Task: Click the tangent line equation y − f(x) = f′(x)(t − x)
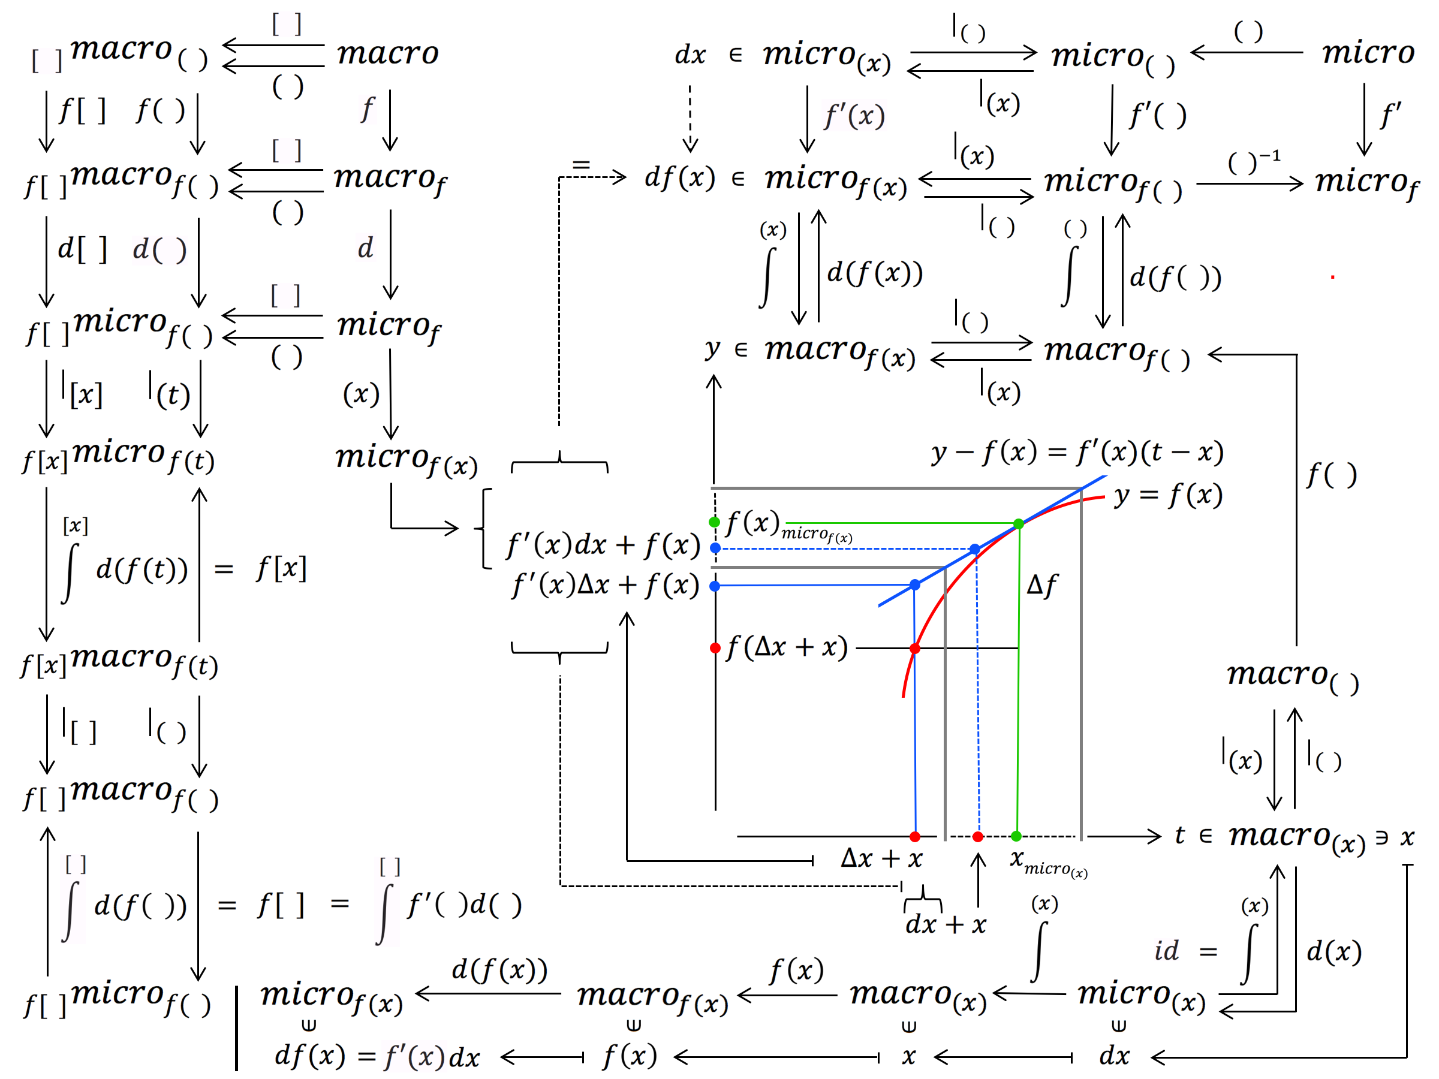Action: [1077, 452]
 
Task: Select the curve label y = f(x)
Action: [1169, 496]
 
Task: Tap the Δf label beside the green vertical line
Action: [1041, 585]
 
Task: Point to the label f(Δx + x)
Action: [787, 647]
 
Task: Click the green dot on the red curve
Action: [1019, 523]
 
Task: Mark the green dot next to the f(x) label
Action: [714, 522]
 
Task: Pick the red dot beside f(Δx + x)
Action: [715, 648]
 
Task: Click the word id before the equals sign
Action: [1166, 951]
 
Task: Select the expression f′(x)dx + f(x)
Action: [603, 545]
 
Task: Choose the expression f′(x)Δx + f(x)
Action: [605, 584]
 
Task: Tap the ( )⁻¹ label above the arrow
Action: [1253, 161]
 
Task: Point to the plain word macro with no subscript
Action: [388, 53]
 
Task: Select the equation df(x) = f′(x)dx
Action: [377, 1056]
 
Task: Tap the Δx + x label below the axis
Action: [881, 858]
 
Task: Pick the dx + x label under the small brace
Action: [945, 924]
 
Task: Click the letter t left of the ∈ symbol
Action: [1179, 835]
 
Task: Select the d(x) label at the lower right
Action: [1333, 951]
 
